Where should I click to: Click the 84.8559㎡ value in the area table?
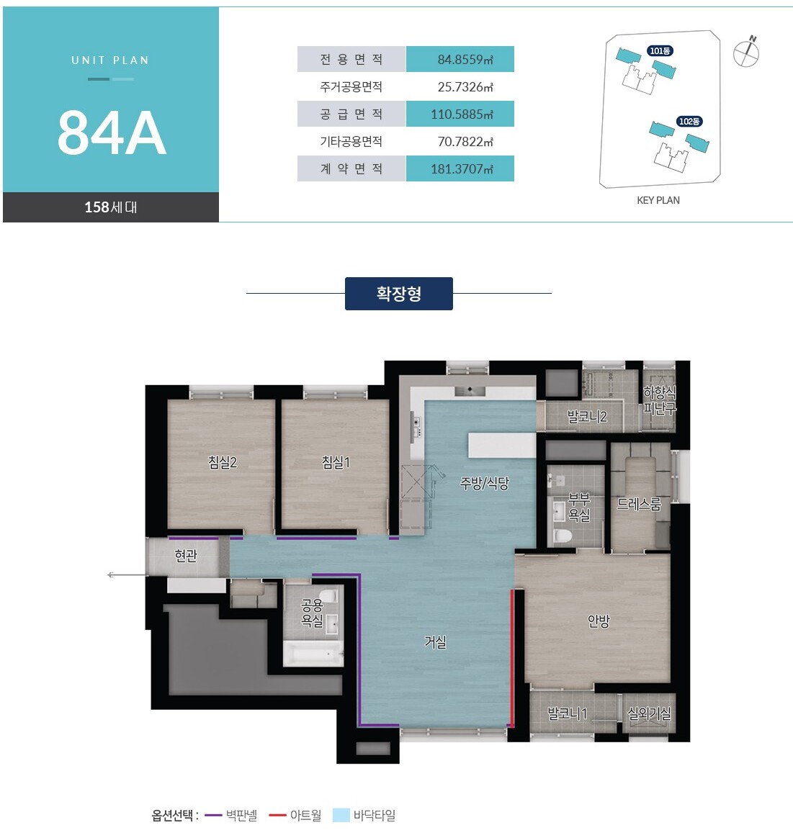click(465, 59)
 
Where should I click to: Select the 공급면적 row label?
click(351, 114)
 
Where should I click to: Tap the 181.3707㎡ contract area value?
click(462, 169)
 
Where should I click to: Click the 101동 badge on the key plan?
click(660, 51)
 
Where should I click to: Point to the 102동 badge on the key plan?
click(689, 122)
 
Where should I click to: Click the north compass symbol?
click(746, 52)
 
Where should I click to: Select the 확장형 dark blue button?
click(399, 294)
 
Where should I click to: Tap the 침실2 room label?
click(223, 461)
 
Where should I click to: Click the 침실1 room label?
click(336, 461)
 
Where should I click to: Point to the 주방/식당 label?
click(485, 483)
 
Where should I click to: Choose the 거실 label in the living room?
click(435, 641)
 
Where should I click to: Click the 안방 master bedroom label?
click(599, 621)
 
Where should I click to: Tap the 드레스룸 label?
click(639, 503)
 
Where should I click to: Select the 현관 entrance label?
click(186, 556)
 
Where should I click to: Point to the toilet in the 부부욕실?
click(563, 535)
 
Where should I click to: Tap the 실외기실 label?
click(649, 713)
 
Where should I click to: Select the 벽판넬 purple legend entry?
click(231, 816)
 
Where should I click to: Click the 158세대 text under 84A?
click(111, 207)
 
